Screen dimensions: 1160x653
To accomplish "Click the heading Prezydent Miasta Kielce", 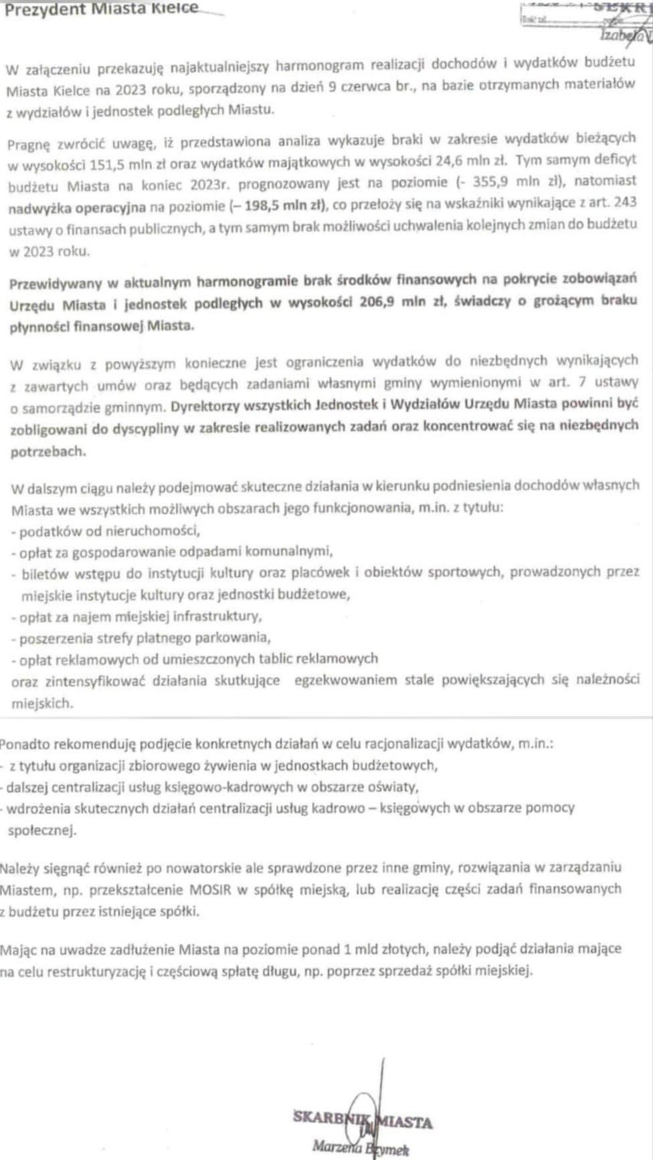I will pyautogui.click(x=101, y=9).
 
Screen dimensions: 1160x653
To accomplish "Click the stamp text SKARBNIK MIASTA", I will pyautogui.click(x=362, y=1120).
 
